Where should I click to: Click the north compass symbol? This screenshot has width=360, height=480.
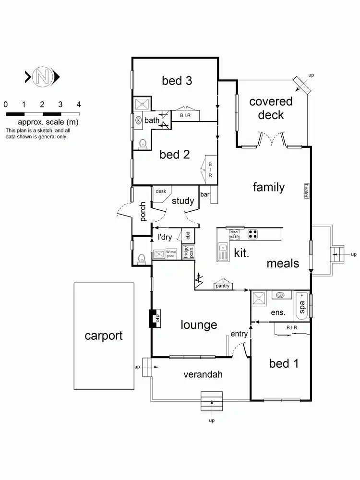tap(42, 76)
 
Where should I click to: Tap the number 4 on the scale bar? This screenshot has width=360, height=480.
tap(79, 104)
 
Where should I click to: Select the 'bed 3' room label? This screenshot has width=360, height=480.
tap(177, 81)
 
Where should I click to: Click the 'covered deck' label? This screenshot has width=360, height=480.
tap(271, 108)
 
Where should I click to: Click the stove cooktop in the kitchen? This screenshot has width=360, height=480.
tap(253, 235)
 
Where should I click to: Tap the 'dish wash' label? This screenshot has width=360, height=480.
tap(234, 234)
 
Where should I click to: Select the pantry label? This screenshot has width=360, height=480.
tap(223, 287)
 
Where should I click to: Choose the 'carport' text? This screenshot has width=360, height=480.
tap(104, 336)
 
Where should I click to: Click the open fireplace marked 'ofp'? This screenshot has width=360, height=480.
tap(154, 318)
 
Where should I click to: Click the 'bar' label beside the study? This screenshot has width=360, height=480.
tap(205, 194)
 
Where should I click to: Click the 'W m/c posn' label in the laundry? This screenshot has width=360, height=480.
tap(171, 253)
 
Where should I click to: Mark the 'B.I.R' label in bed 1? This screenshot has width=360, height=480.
tap(292, 328)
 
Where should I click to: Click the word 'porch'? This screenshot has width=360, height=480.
tap(143, 212)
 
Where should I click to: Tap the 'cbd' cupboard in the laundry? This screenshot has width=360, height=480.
tap(189, 235)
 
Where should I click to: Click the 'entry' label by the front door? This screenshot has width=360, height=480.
tap(239, 334)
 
